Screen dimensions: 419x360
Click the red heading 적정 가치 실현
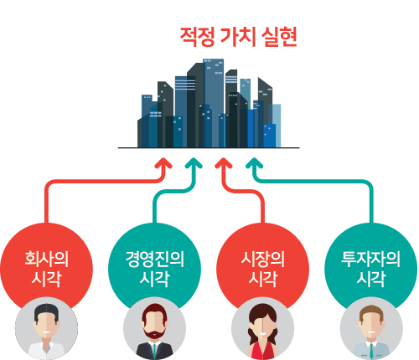238,37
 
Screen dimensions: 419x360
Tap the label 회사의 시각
46,269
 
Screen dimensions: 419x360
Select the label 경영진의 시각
154,269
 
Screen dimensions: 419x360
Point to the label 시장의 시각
262,269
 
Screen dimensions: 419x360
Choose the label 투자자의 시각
370,269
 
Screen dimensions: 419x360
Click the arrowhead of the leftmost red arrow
163,162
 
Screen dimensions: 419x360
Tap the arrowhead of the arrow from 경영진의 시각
194,162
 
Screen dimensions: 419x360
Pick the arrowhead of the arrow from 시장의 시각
224,162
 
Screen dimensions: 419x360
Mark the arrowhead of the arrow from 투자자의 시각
254,162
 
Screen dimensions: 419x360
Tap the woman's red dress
262,351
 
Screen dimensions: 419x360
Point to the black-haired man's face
46,324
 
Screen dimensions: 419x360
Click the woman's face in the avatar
262,325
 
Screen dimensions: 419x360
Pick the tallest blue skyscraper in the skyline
214,103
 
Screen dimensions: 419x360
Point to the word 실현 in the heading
279,37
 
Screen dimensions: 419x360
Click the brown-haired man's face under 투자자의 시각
371,324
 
